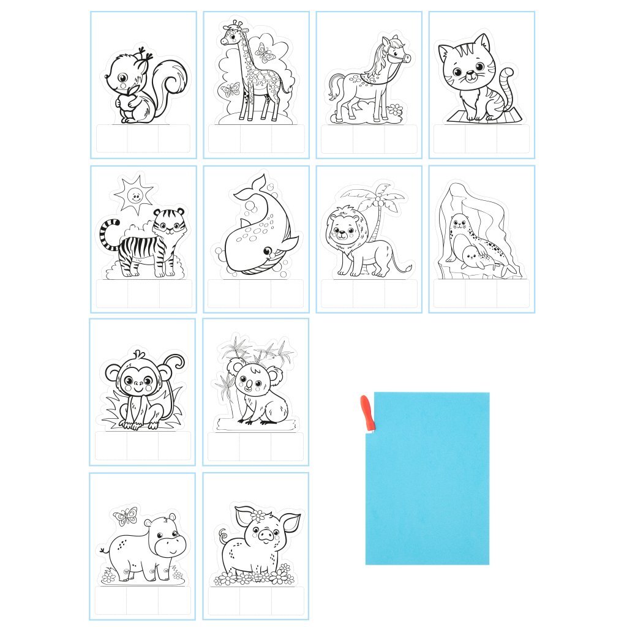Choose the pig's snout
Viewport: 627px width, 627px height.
coord(265,535)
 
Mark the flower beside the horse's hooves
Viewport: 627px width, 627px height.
coord(395,110)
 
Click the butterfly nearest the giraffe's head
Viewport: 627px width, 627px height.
coord(265,54)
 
